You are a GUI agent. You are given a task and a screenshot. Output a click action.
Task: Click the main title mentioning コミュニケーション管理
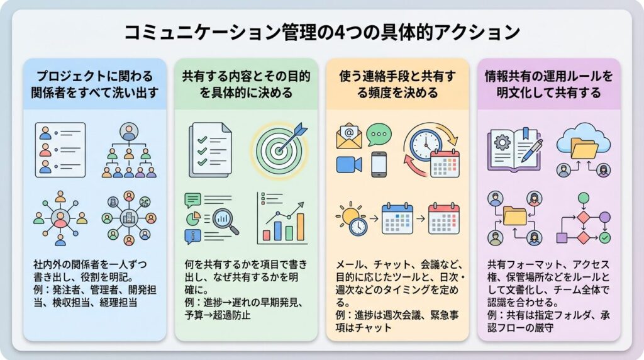(322, 33)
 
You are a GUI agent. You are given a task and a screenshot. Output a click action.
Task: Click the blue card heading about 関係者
(94, 85)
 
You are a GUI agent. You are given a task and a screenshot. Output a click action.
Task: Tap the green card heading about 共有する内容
(246, 85)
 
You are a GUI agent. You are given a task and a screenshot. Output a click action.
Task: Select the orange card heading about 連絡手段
(397, 85)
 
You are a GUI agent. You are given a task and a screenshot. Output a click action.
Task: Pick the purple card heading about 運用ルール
(548, 85)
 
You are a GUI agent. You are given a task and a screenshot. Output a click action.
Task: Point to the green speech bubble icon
(379, 134)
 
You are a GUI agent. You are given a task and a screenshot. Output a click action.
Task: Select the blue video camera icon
(348, 164)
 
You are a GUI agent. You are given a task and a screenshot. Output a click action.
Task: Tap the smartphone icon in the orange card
(379, 164)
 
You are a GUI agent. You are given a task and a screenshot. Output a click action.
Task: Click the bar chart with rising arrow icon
(282, 220)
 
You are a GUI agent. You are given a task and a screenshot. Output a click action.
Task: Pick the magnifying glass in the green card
(225, 221)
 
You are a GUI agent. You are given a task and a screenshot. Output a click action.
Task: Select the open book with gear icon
(514, 149)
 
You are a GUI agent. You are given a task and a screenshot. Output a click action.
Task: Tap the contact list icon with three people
(60, 150)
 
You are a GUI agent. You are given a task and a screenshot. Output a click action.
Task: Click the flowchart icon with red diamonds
(583, 220)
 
